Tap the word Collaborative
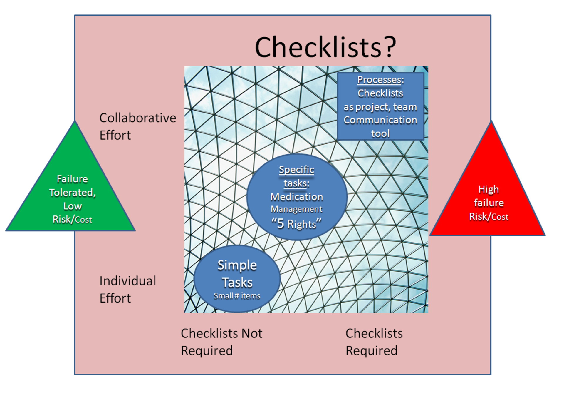pyautogui.click(x=137, y=118)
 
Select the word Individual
pyautogui.click(x=127, y=281)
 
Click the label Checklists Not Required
pyautogui.click(x=221, y=342)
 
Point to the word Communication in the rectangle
pyautogui.click(x=380, y=120)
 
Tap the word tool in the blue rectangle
pyautogui.click(x=380, y=133)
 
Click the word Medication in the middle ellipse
pyautogui.click(x=296, y=197)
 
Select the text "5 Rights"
pyautogui.click(x=296, y=224)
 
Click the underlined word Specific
pyautogui.click(x=296, y=170)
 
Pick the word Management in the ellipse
pyautogui.click(x=296, y=209)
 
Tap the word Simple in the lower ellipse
pyautogui.click(x=237, y=265)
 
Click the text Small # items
pyautogui.click(x=237, y=296)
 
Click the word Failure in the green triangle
pyautogui.click(x=72, y=179)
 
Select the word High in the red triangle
pyautogui.click(x=488, y=189)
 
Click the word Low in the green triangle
pyautogui.click(x=72, y=206)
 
